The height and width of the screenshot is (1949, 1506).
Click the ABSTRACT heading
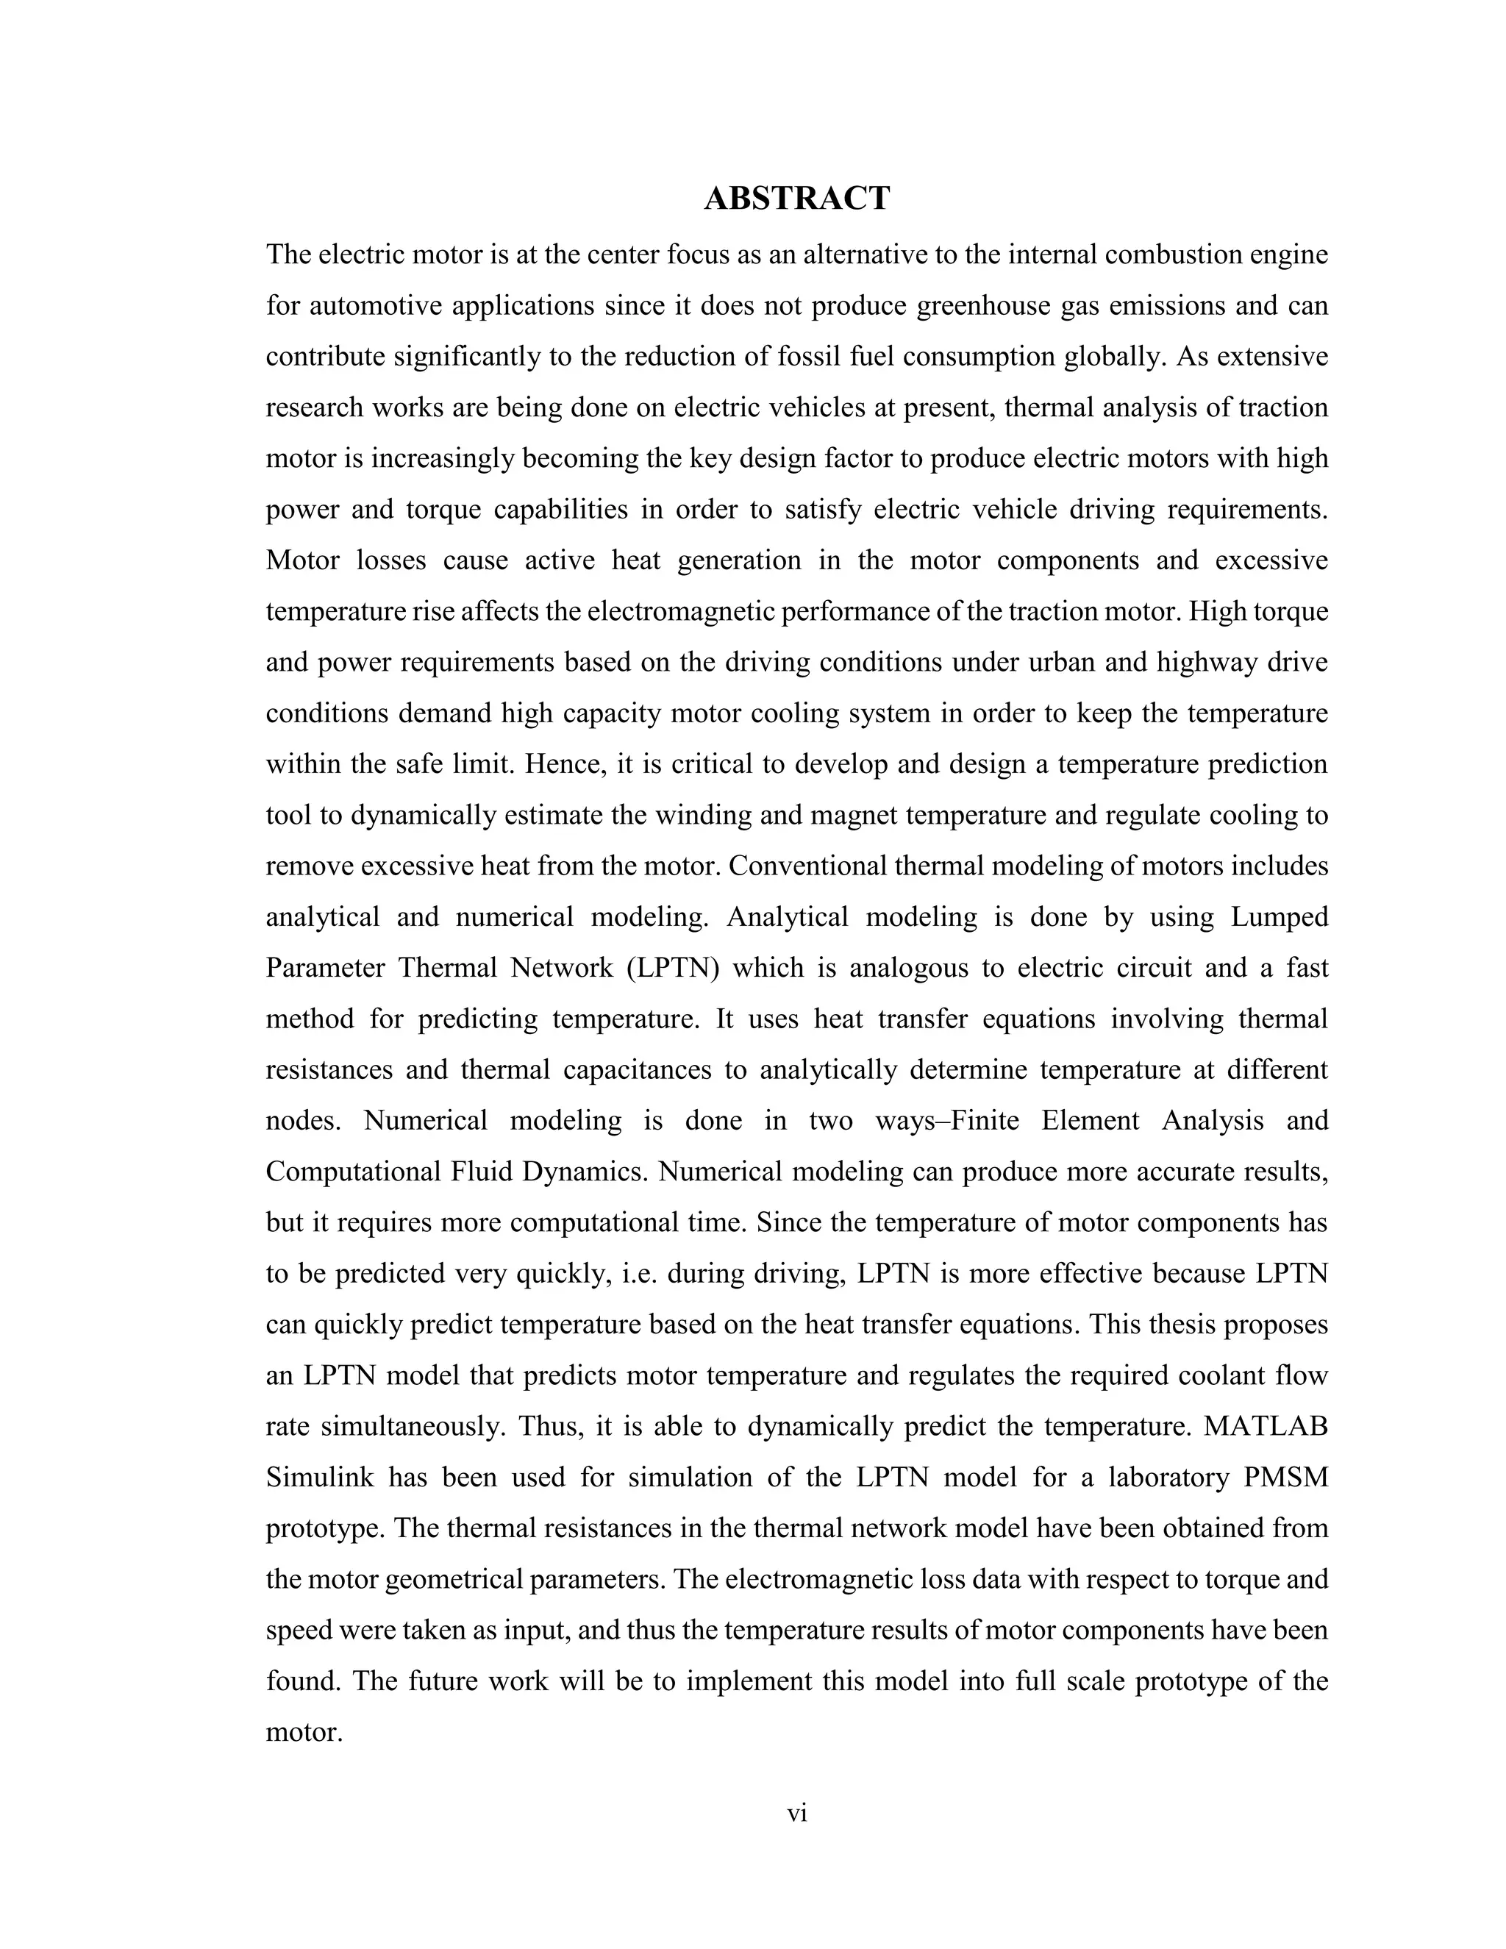click(x=796, y=198)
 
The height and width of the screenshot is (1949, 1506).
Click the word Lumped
click(x=1280, y=917)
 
